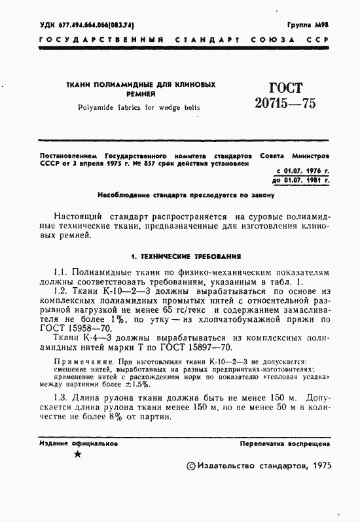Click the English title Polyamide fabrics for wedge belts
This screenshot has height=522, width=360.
(x=139, y=107)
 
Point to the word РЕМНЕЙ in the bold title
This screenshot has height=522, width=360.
(x=139, y=95)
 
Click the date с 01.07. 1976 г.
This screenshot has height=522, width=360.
(x=300, y=170)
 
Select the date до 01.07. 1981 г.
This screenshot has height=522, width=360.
(x=299, y=179)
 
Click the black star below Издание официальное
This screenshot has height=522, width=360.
(x=78, y=454)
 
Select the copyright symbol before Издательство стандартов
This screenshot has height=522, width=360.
(x=191, y=466)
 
